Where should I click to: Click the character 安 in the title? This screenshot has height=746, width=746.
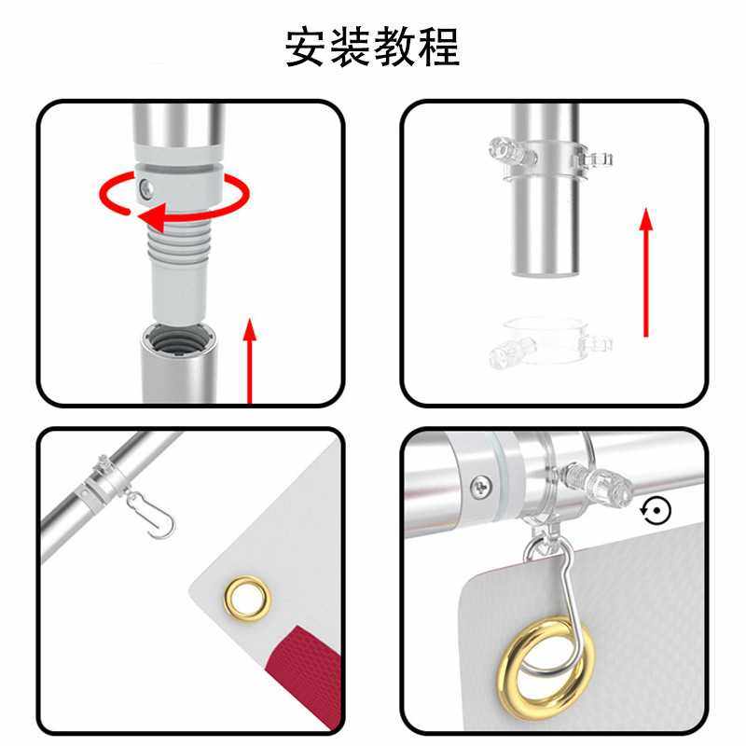(305, 48)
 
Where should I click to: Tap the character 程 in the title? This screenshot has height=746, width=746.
(439, 48)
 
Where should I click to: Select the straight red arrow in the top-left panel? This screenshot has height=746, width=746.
(250, 359)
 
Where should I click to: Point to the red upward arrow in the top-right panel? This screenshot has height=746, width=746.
(645, 270)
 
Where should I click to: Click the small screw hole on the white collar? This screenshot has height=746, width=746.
(145, 188)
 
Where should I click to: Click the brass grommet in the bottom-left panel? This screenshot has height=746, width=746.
(246, 594)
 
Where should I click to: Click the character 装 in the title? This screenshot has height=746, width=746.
(350, 48)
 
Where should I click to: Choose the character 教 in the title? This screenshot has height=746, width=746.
(394, 48)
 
